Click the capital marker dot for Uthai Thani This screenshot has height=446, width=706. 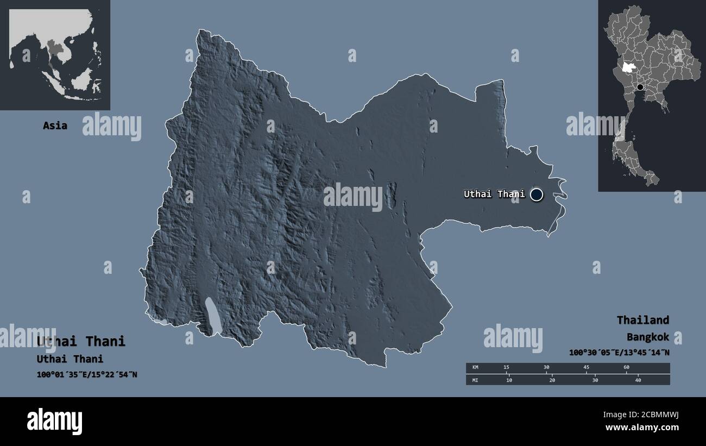(537, 194)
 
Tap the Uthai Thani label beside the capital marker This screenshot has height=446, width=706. (494, 194)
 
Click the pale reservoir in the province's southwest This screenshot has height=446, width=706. (213, 317)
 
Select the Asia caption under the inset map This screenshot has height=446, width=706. (55, 125)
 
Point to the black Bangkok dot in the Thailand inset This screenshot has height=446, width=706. (640, 87)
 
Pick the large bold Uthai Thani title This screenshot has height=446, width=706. (81, 341)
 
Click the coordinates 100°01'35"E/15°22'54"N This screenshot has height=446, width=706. (87, 374)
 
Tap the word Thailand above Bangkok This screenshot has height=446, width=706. (642, 320)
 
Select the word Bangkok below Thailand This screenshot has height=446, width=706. (647, 337)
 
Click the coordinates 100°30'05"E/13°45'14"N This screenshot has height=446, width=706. (619, 353)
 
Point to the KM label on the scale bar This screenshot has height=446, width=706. (475, 368)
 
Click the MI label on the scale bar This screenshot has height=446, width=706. (475, 380)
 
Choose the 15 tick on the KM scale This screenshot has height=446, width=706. (506, 368)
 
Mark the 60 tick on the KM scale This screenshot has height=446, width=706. (626, 368)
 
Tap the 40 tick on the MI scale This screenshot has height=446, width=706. (638, 380)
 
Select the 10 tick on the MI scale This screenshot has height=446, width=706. (509, 380)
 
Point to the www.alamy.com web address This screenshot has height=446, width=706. (642, 428)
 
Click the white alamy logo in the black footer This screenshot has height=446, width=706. (54, 422)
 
